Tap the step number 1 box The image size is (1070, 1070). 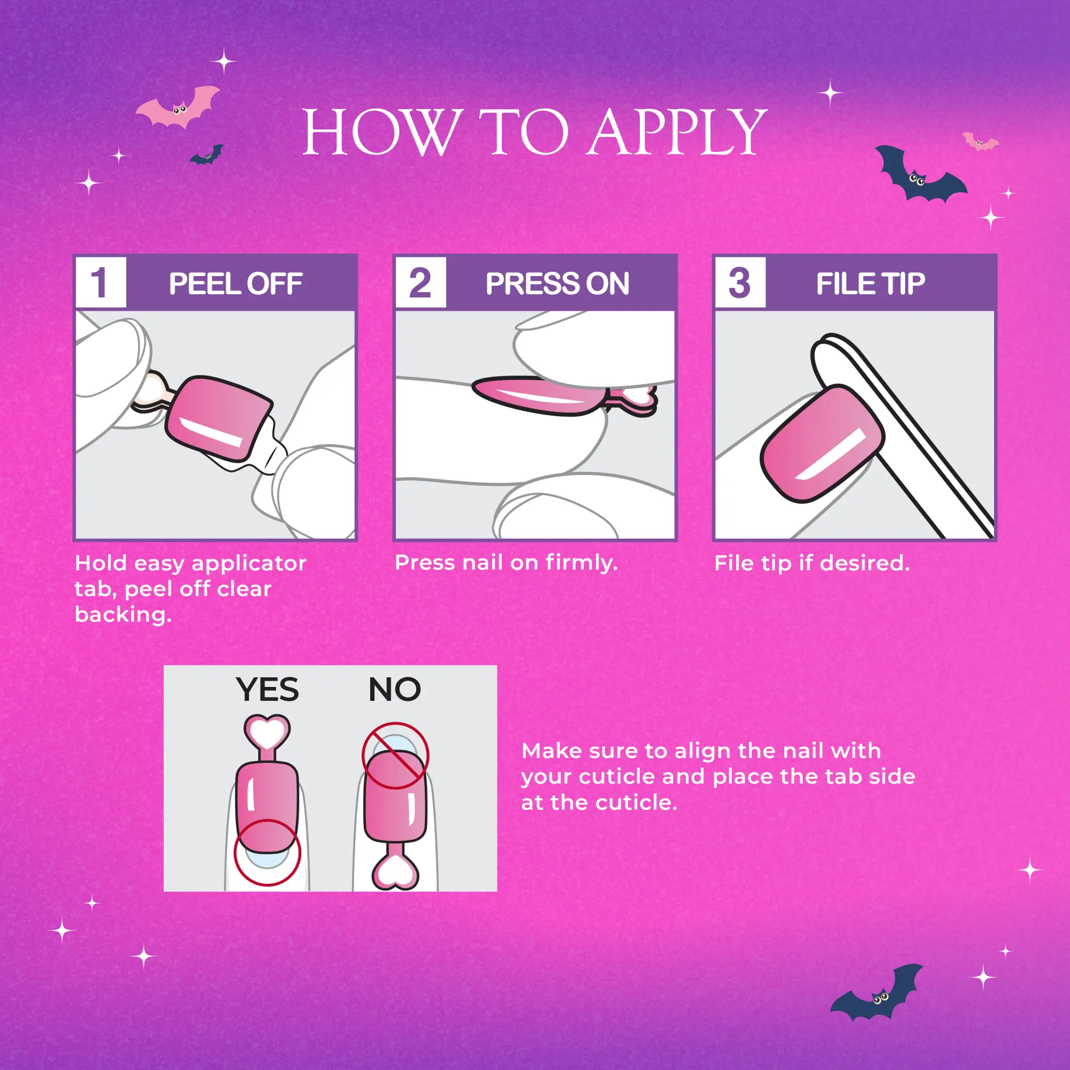tap(101, 282)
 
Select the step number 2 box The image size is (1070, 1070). tap(421, 282)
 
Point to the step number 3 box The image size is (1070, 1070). tap(740, 282)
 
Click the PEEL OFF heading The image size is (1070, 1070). tap(235, 284)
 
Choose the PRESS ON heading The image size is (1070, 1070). tap(557, 284)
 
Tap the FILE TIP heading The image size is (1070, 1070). tap(870, 284)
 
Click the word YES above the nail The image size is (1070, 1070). tap(267, 690)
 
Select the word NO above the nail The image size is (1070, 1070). tap(395, 690)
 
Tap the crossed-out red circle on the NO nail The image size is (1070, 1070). tap(395, 755)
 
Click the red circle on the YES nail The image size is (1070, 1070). tap(267, 852)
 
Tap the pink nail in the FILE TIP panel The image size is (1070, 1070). tap(822, 444)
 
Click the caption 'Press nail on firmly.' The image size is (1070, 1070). tap(506, 563)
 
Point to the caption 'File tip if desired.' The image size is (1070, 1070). tap(812, 563)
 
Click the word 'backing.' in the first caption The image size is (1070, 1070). tap(123, 615)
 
